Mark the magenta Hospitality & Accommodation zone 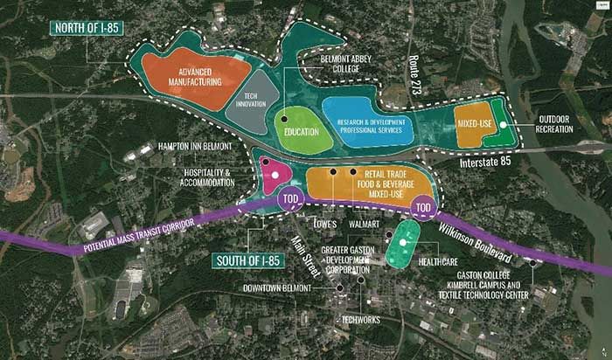tap(275, 175)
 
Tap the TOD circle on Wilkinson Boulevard tap(425, 208)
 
